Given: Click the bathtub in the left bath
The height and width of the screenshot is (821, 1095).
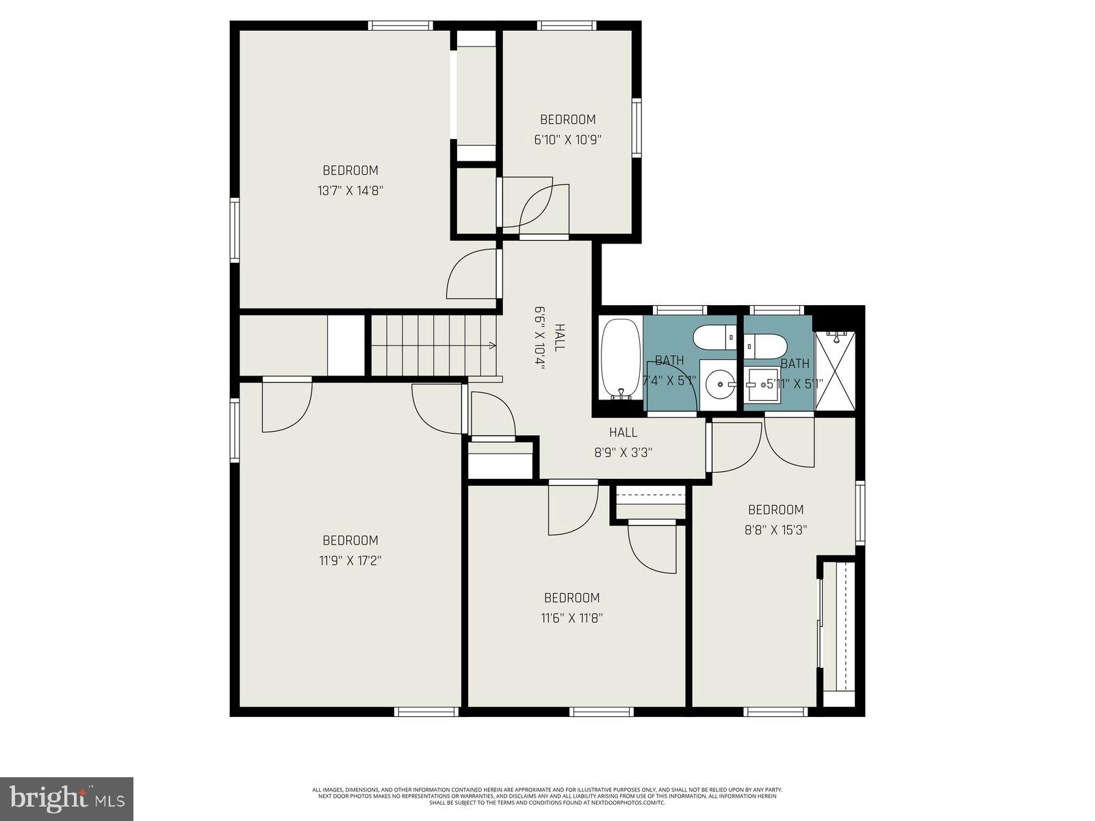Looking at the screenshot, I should click(620, 359).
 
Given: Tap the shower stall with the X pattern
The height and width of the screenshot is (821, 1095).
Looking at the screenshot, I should click(836, 372).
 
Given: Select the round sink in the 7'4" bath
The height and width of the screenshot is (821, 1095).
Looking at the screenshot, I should click(718, 385).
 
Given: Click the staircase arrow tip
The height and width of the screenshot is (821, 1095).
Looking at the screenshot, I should click(494, 346).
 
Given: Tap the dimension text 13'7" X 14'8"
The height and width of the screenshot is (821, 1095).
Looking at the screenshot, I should click(350, 191).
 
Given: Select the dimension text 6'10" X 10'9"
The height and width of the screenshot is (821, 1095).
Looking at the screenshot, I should click(567, 140).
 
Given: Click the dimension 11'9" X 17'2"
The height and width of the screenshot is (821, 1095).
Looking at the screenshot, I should click(350, 561).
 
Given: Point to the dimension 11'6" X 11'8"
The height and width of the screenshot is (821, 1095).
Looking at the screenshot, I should click(571, 618).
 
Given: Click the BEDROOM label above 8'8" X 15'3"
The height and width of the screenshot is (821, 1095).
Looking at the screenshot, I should click(775, 510).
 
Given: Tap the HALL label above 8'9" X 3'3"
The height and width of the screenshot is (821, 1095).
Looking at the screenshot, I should click(623, 432).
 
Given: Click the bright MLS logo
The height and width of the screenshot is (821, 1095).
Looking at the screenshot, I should click(66, 798).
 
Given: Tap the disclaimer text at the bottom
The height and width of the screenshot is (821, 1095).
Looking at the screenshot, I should click(547, 796).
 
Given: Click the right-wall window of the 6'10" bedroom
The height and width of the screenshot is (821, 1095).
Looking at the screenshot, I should click(637, 128).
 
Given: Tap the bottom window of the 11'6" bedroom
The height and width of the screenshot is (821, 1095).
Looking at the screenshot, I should click(602, 712).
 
